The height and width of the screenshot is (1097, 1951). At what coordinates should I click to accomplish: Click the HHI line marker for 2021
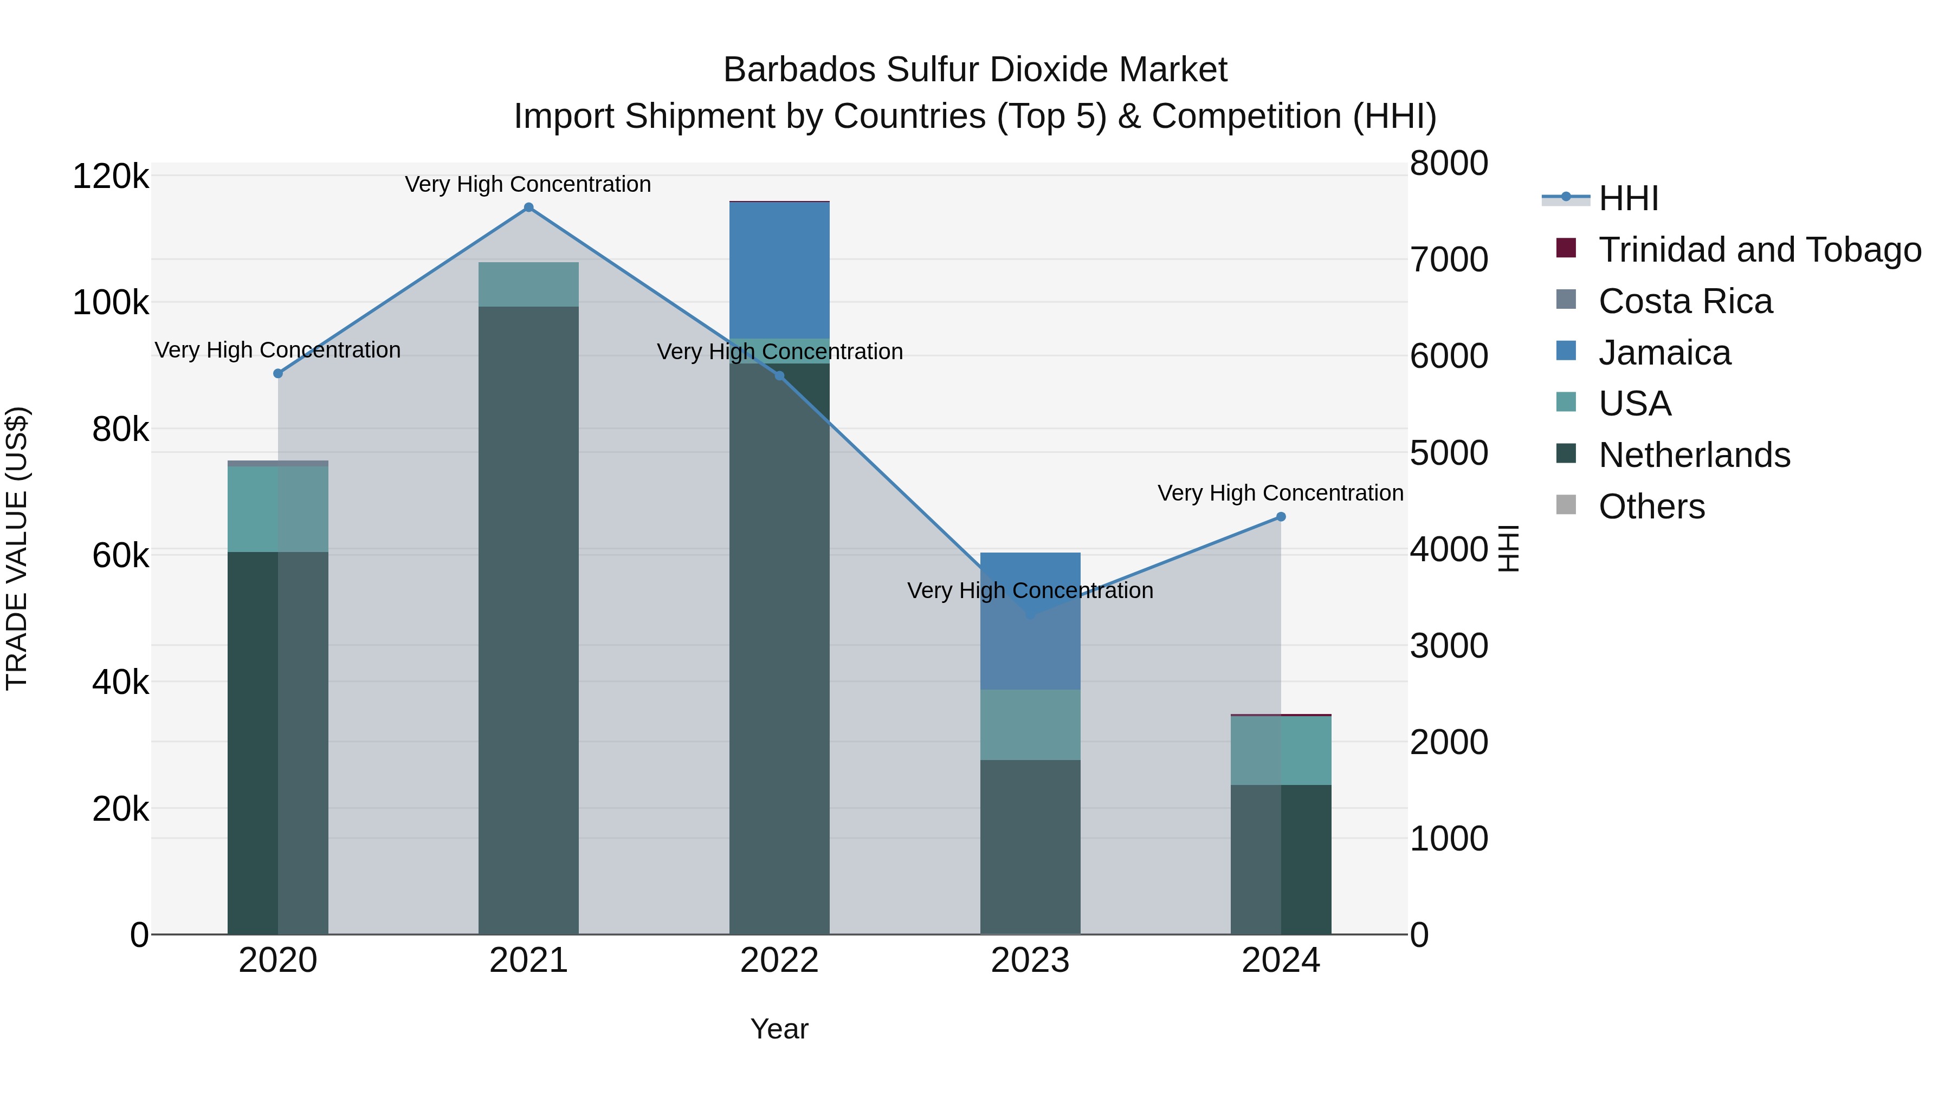click(528, 207)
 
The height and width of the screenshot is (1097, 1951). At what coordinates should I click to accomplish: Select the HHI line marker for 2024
click(1281, 517)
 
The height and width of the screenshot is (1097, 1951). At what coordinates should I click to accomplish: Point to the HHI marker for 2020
click(278, 373)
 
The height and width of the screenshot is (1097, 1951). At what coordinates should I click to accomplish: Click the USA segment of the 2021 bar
click(528, 284)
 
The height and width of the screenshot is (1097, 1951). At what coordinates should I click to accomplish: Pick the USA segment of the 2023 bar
click(1030, 724)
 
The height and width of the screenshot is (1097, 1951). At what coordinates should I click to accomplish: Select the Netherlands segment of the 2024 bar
click(1281, 859)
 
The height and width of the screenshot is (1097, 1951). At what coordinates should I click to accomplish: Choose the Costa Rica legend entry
click(1685, 301)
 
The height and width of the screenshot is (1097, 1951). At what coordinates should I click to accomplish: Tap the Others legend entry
click(1651, 507)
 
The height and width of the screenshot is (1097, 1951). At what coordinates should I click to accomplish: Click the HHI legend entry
click(1629, 198)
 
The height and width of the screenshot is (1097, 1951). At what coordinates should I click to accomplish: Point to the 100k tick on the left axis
click(111, 303)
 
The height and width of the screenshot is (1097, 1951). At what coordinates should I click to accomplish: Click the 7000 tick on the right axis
click(1449, 259)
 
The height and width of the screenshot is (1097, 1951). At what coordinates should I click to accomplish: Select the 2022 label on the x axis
click(779, 960)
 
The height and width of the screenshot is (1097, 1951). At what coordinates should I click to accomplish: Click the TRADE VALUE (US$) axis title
click(17, 548)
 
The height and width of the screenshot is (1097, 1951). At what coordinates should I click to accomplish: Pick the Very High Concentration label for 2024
click(1280, 493)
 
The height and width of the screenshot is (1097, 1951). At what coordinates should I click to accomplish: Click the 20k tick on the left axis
click(120, 809)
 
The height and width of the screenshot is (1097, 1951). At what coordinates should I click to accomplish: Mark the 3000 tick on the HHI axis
click(1449, 646)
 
